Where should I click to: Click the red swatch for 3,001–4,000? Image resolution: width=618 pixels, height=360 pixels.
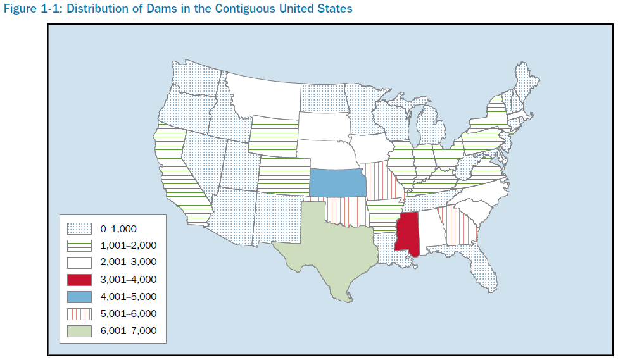point(79,279)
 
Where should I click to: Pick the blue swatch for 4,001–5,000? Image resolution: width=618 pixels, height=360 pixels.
point(79,296)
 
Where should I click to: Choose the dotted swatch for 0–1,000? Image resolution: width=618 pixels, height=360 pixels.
point(79,228)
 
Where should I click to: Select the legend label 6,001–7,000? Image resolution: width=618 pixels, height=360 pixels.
point(128,330)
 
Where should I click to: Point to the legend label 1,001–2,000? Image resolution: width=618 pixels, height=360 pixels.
point(128,245)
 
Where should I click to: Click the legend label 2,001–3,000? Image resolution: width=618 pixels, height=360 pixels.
point(128,262)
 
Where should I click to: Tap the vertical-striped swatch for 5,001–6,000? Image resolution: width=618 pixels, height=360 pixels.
point(79,313)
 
